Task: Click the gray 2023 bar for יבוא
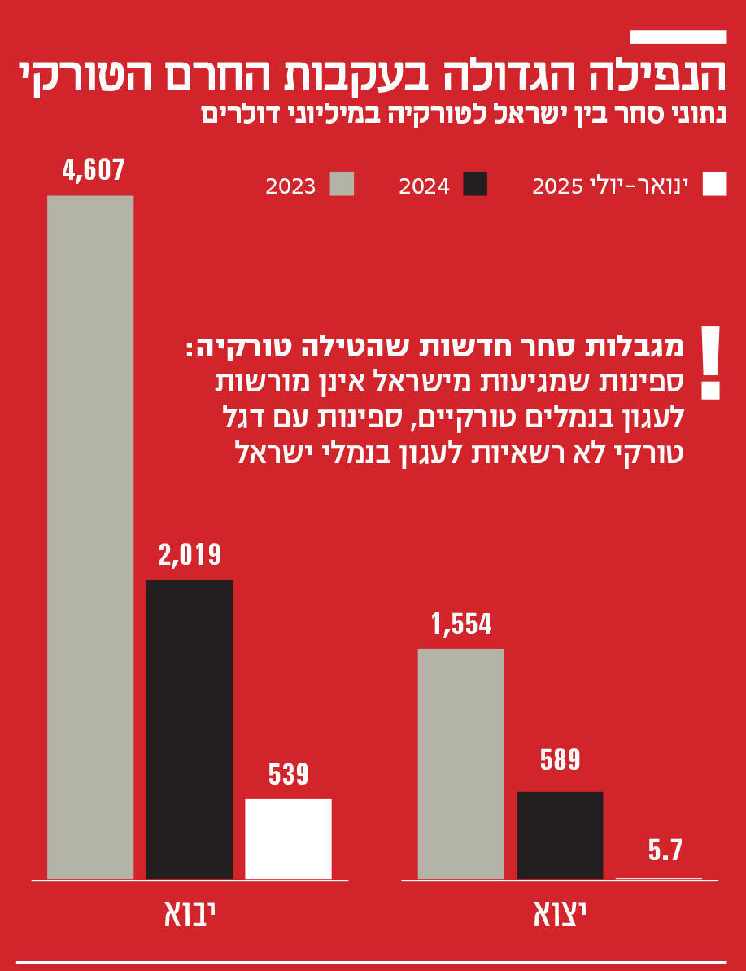90,537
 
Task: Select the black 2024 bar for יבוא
189,729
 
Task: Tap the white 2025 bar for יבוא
288,839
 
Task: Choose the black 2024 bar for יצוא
560,835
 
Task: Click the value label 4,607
94,171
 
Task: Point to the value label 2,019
190,555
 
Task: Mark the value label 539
289,774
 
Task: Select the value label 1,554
461,624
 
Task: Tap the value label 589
560,760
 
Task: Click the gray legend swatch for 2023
342,185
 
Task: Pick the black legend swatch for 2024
475,185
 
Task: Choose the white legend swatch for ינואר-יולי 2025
714,185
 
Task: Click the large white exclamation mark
710,363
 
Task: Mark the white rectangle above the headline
678,37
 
